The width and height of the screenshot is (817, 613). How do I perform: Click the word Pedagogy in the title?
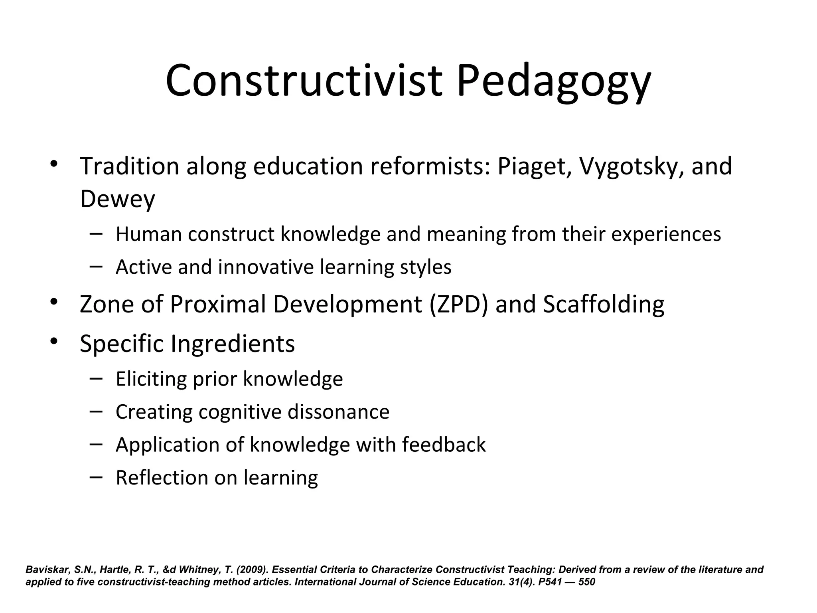(554, 82)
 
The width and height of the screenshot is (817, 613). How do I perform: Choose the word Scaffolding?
(604, 305)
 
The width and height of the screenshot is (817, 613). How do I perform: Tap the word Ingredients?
(233, 344)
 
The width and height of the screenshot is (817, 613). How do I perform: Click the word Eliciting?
(151, 379)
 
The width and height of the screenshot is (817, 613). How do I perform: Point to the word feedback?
(444, 445)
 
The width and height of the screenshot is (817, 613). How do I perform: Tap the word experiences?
(666, 234)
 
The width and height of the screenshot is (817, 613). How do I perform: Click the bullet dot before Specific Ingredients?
(54, 341)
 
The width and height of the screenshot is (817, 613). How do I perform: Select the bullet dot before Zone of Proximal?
(54, 302)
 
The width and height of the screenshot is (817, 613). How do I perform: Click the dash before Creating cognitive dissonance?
(96, 411)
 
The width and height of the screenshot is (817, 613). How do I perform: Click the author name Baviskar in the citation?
(48, 569)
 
